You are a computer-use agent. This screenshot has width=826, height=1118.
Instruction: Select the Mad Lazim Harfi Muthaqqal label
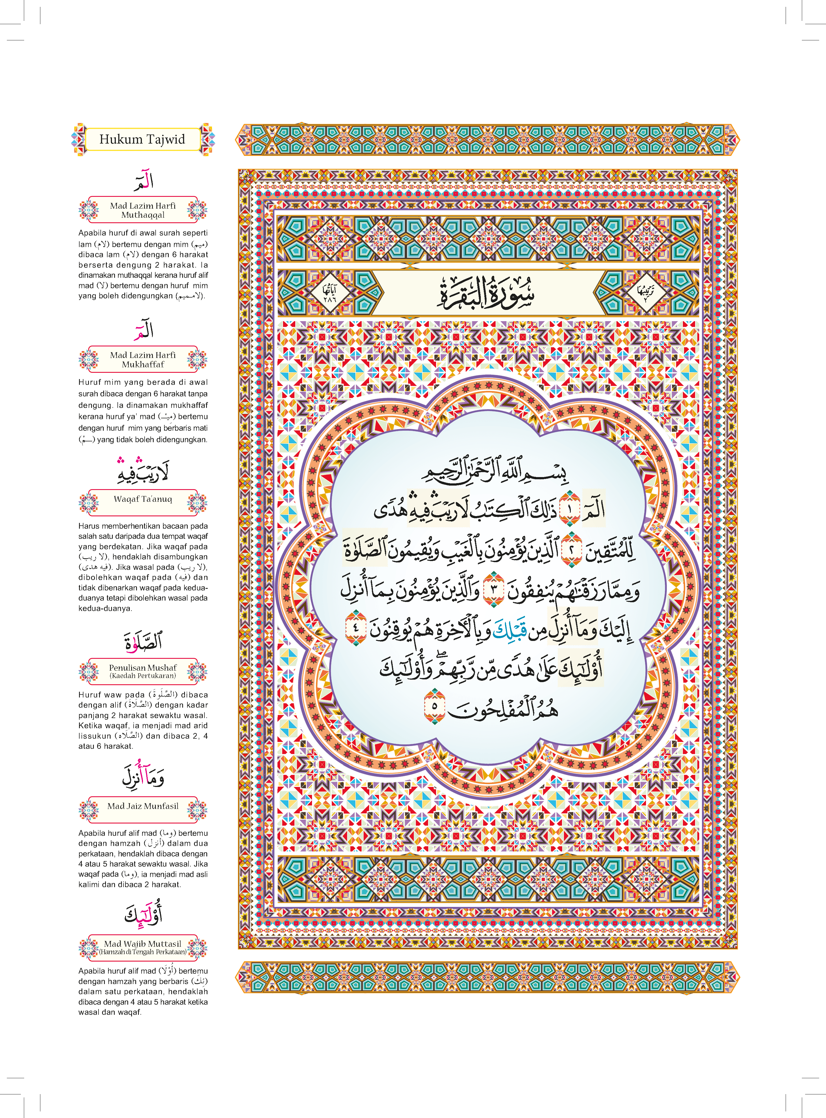(x=143, y=210)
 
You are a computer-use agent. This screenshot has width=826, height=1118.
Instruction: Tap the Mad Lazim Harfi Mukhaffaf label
(x=143, y=360)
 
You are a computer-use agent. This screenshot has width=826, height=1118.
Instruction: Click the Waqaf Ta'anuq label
(x=143, y=499)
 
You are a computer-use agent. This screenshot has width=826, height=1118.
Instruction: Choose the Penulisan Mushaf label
(x=143, y=671)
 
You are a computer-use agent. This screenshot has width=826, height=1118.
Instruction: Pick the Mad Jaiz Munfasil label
(x=143, y=806)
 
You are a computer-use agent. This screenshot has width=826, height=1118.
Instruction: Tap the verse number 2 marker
(x=572, y=550)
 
